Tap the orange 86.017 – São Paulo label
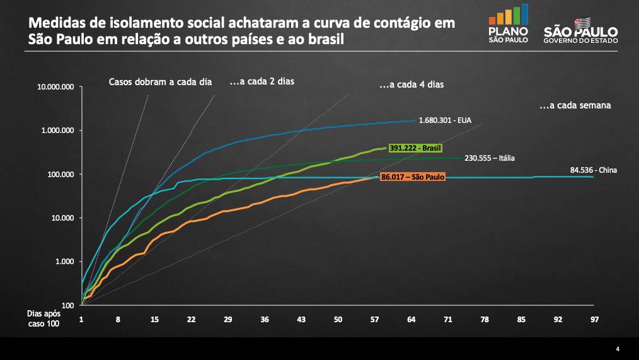click(x=413, y=178)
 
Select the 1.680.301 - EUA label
click(x=445, y=119)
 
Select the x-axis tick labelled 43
click(x=301, y=320)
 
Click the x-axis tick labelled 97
click(x=594, y=320)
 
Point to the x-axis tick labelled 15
click(x=154, y=320)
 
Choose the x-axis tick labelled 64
click(x=411, y=320)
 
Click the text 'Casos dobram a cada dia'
click(x=160, y=82)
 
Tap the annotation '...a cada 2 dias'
click(x=262, y=81)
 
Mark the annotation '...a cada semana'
click(x=575, y=105)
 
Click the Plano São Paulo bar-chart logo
click(x=509, y=24)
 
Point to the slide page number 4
click(x=618, y=349)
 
